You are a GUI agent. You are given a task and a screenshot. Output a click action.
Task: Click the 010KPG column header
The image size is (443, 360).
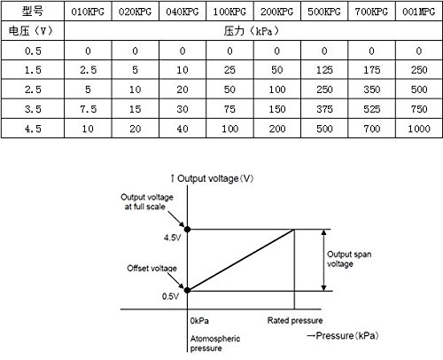click(88, 12)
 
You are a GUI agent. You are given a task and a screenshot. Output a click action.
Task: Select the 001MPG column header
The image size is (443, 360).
click(419, 12)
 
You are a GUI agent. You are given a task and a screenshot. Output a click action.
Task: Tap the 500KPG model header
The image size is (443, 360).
click(324, 12)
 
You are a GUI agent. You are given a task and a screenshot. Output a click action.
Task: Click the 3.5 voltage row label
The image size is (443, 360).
click(33, 109)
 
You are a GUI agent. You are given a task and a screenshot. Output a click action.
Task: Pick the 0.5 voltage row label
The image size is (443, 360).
click(33, 51)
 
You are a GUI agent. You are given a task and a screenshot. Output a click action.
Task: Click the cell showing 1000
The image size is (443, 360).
click(419, 129)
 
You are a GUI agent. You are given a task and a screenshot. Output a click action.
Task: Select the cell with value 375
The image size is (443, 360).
click(324, 109)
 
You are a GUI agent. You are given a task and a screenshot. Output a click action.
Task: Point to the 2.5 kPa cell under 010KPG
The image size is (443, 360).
click(88, 70)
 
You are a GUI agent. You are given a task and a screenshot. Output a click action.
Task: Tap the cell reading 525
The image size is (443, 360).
click(371, 109)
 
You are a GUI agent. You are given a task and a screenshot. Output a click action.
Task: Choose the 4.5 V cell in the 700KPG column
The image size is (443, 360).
click(371, 129)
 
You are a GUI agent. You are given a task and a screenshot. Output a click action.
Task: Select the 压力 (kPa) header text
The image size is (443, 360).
click(251, 30)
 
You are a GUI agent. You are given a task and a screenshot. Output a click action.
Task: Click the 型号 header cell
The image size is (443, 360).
click(33, 12)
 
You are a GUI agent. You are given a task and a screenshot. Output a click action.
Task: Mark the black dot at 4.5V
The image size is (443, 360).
click(187, 229)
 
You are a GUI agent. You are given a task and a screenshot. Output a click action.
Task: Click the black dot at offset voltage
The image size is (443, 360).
click(187, 290)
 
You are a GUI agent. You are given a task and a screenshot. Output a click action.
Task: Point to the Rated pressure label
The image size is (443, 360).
click(295, 320)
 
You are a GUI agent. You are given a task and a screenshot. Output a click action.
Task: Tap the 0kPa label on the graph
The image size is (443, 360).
click(199, 321)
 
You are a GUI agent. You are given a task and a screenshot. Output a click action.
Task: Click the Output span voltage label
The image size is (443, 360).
click(349, 259)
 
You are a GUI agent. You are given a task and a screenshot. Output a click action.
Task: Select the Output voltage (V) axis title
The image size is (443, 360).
click(215, 178)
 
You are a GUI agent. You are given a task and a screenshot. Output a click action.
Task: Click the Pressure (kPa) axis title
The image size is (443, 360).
click(346, 336)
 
